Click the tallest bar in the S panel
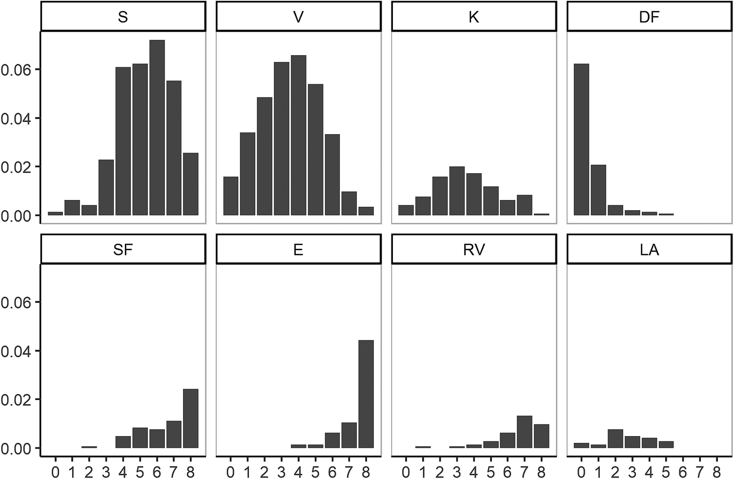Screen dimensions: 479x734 pyautogui.click(x=157, y=128)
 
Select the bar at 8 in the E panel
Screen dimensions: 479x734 pyautogui.click(x=366, y=394)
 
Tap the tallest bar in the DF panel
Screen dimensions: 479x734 pyautogui.click(x=581, y=140)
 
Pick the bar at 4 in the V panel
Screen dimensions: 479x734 pyautogui.click(x=298, y=136)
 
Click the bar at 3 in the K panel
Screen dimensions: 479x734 pyautogui.click(x=457, y=191)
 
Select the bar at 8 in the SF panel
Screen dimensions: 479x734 pyautogui.click(x=190, y=419)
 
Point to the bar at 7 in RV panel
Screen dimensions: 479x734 pyautogui.click(x=524, y=432)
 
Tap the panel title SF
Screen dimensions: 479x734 pyautogui.click(x=123, y=250)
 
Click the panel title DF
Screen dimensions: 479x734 pyautogui.click(x=649, y=17)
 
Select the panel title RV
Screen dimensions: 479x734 pyautogui.click(x=473, y=250)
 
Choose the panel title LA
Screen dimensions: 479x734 pyautogui.click(x=649, y=250)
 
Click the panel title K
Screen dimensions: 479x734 pyautogui.click(x=473, y=17)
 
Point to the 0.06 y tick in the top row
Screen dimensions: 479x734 pyautogui.click(x=16, y=70)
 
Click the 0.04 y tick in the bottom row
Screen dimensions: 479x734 pyautogui.click(x=16, y=351)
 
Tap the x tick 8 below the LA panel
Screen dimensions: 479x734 pyautogui.click(x=716, y=472)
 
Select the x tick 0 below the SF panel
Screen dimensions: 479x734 pyautogui.click(x=56, y=472)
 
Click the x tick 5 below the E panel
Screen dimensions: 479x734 pyautogui.click(x=315, y=472)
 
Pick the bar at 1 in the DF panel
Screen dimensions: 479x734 pyautogui.click(x=598, y=190)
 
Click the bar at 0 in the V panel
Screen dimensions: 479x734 pyautogui.click(x=231, y=196)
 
